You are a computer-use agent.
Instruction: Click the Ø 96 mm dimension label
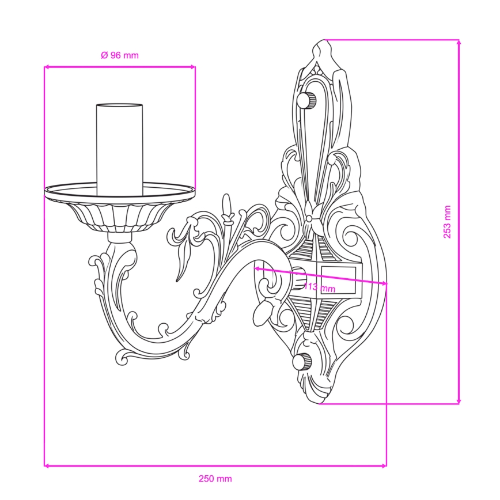(120, 55)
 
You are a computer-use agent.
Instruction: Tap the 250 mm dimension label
(215, 479)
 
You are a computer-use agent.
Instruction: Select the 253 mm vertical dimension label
(447, 222)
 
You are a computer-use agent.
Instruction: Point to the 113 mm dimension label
(319, 287)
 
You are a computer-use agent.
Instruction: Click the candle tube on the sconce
(120, 149)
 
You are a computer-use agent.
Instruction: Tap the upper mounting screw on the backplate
(307, 100)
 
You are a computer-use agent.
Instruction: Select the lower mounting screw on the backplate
(302, 361)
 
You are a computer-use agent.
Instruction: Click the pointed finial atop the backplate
(324, 51)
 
